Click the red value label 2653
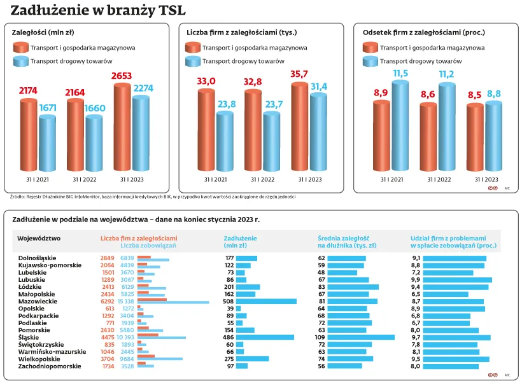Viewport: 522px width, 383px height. coord(121,76)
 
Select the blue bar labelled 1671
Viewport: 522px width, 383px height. coord(48,143)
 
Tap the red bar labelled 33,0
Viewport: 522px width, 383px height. coord(206,130)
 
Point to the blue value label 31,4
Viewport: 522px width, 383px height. coord(318,87)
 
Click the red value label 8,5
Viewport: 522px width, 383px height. coord(474,95)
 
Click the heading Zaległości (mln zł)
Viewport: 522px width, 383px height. coord(41,32)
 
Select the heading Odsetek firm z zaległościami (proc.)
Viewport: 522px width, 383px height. coord(424,32)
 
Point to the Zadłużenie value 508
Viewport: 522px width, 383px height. coord(229,301)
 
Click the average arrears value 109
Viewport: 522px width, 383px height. coord(321,337)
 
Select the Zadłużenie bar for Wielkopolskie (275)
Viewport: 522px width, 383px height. coord(253,359)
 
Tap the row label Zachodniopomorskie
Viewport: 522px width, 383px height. coord(49,366)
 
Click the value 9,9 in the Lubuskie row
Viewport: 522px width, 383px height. coord(416,279)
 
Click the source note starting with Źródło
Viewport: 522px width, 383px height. coord(153,197)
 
